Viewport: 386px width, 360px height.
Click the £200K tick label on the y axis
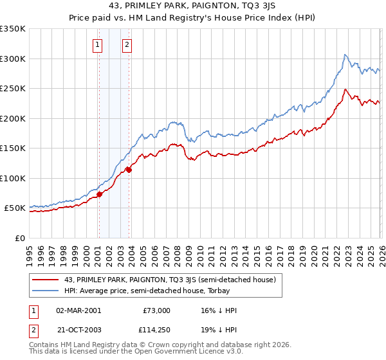pyautogui.click(x=12, y=118)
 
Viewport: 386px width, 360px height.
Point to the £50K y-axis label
pyautogui.click(x=14, y=208)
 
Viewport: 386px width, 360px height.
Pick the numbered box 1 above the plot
pyautogui.click(x=98, y=44)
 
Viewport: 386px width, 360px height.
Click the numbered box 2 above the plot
pyautogui.click(x=127, y=44)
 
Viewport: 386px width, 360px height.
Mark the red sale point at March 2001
pyautogui.click(x=99, y=194)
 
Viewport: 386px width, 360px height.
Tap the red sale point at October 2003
pyautogui.click(x=129, y=170)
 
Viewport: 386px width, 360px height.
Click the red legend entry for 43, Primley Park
pyautogui.click(x=170, y=280)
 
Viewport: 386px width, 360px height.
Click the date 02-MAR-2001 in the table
pyautogui.click(x=78, y=310)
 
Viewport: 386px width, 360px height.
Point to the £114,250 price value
pyautogui.click(x=152, y=330)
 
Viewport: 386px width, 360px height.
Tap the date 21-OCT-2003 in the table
pyautogui.click(x=78, y=330)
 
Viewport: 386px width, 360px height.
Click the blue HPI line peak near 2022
pyautogui.click(x=345, y=55)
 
